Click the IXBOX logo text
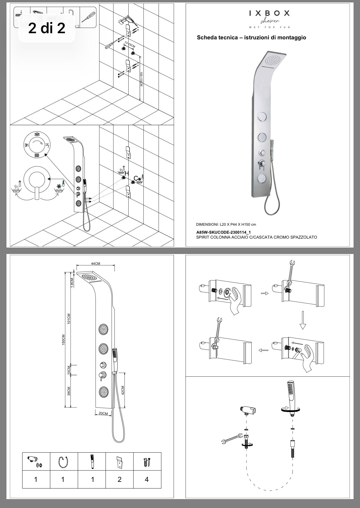[269, 13]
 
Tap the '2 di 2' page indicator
[47, 28]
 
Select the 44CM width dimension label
[96, 264]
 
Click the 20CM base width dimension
[103, 414]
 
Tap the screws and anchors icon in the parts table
[147, 462]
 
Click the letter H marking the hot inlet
[126, 174]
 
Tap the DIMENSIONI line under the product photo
[226, 224]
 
